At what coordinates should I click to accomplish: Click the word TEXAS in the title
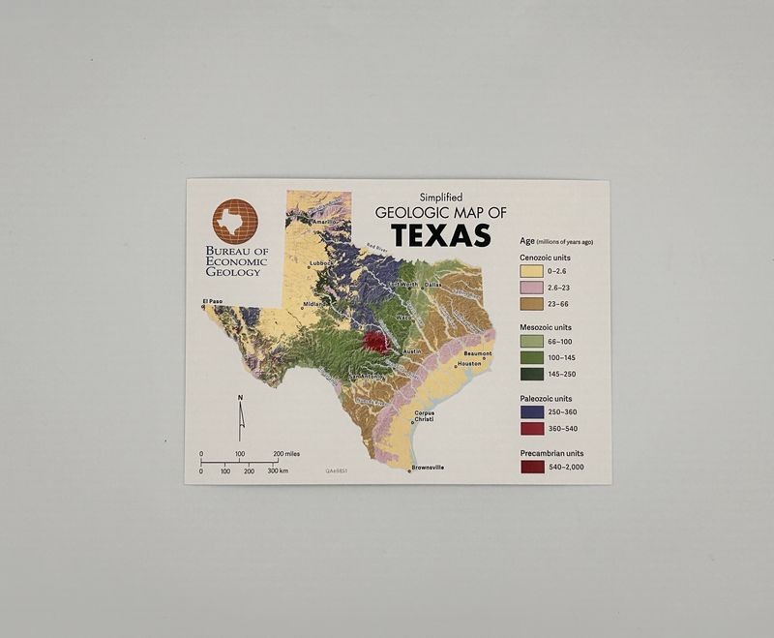pyautogui.click(x=440, y=235)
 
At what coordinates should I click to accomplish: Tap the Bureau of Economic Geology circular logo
pyautogui.click(x=235, y=222)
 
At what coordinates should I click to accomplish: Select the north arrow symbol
pyautogui.click(x=241, y=417)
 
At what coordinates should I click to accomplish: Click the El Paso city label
pyautogui.click(x=213, y=302)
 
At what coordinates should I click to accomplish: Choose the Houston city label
pyautogui.click(x=469, y=364)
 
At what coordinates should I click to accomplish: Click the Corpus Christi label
pyautogui.click(x=424, y=416)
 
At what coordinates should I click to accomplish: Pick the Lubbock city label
pyautogui.click(x=321, y=262)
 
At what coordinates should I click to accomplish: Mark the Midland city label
pyautogui.click(x=313, y=303)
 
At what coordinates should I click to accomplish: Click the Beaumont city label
pyautogui.click(x=478, y=353)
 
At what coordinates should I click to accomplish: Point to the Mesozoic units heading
pyautogui.click(x=547, y=327)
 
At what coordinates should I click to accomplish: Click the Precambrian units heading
pyautogui.click(x=551, y=452)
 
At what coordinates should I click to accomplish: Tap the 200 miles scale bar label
pyautogui.click(x=285, y=453)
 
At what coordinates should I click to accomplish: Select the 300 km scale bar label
pyautogui.click(x=279, y=471)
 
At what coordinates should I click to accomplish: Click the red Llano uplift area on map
pyautogui.click(x=375, y=341)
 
